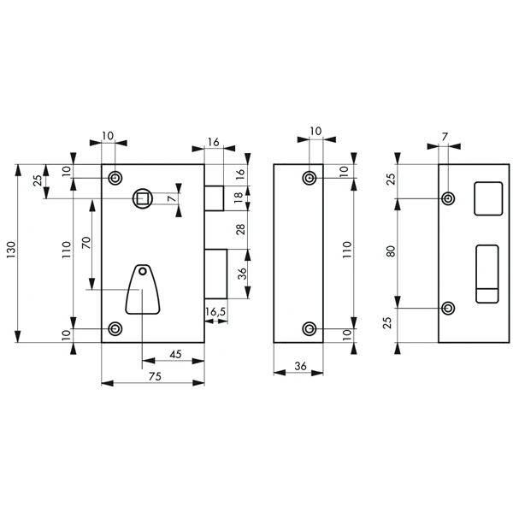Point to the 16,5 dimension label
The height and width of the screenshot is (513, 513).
coord(215,312)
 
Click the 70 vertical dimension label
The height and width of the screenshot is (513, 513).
coord(85,242)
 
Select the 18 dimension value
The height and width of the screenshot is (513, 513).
coord(240,198)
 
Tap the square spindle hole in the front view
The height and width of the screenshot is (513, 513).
coord(141,198)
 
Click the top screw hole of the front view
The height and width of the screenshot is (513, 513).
coord(115,177)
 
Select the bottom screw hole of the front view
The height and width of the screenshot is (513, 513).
coord(115,328)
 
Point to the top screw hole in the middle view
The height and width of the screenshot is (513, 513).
coord(310,177)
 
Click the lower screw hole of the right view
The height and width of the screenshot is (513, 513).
coord(447,308)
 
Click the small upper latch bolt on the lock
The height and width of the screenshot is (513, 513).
coord(214,197)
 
